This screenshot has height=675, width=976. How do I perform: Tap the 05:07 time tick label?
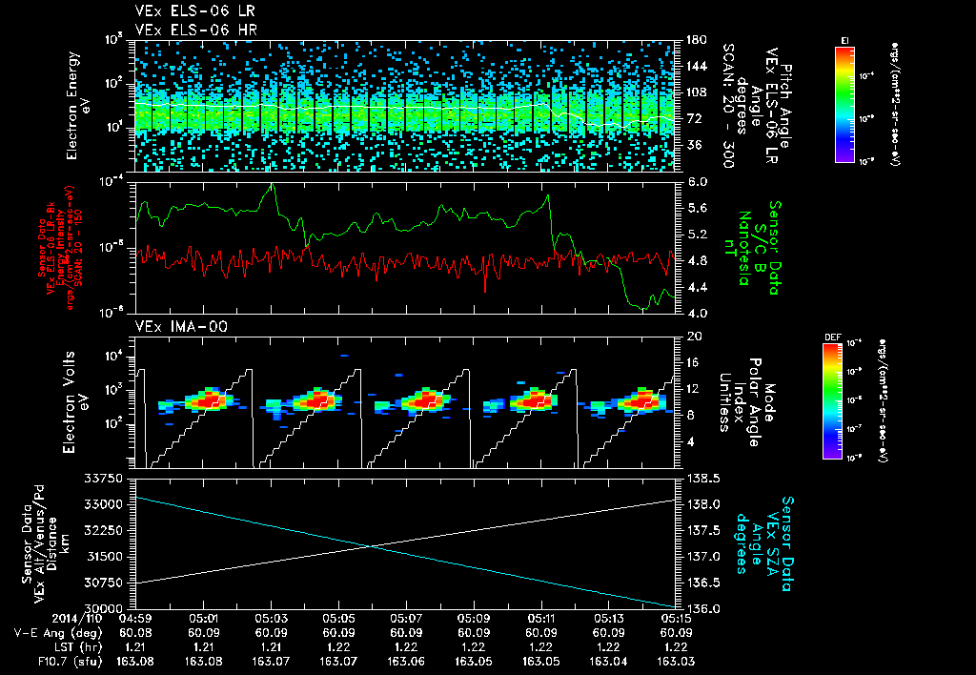pyautogui.click(x=407, y=618)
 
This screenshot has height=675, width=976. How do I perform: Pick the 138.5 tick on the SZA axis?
pyautogui.click(x=701, y=478)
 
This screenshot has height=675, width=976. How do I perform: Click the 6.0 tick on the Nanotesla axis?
pyautogui.click(x=697, y=181)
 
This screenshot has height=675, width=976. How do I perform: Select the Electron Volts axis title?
pyautogui.click(x=78, y=400)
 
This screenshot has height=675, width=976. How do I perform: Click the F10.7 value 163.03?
pyautogui.click(x=676, y=660)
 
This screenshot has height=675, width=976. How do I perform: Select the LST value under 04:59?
pyautogui.click(x=137, y=645)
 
